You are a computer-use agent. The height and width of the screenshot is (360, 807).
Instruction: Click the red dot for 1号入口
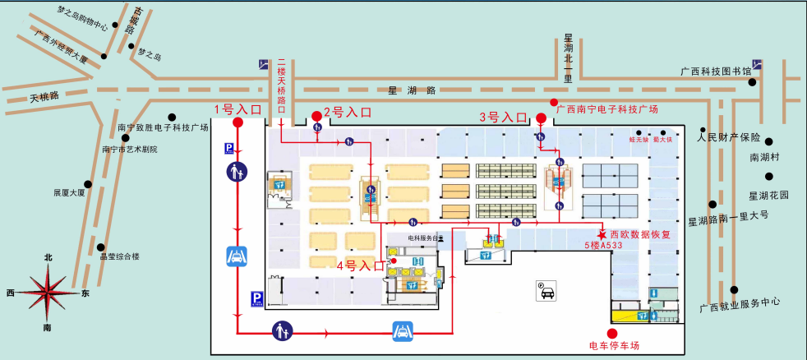[x=238, y=123]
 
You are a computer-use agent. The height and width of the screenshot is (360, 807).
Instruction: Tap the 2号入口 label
[x=348, y=112]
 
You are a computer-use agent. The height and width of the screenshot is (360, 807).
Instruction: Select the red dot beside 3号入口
[x=540, y=118]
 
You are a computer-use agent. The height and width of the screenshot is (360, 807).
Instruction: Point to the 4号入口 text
[x=360, y=265]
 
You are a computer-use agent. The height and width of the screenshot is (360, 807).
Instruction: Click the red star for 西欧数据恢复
[x=602, y=233]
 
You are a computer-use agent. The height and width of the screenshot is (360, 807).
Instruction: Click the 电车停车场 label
[x=614, y=345]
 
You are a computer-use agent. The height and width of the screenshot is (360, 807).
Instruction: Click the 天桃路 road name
[x=44, y=96]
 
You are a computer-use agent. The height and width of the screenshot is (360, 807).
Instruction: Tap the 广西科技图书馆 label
[x=716, y=72]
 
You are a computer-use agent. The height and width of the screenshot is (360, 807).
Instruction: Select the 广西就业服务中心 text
[x=740, y=308]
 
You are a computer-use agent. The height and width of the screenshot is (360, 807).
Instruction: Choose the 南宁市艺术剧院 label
[x=129, y=150]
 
